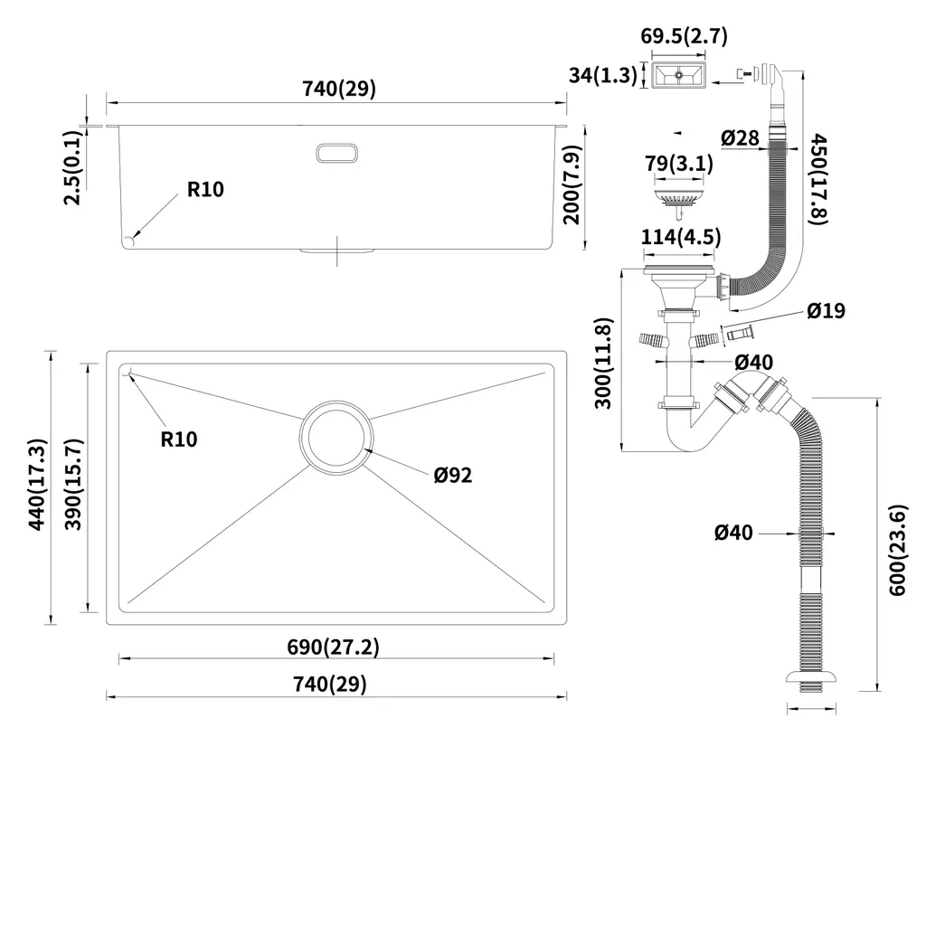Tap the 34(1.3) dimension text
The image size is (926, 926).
click(604, 75)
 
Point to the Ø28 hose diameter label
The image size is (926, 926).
click(740, 137)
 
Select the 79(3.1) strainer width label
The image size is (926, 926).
click(678, 164)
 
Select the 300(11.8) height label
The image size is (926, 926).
click(604, 362)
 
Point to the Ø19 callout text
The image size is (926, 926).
click(826, 310)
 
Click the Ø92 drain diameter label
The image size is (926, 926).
click(452, 474)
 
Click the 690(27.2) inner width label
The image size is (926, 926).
click(333, 647)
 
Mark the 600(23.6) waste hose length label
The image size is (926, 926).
click(897, 549)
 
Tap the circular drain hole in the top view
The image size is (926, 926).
click(335, 437)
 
